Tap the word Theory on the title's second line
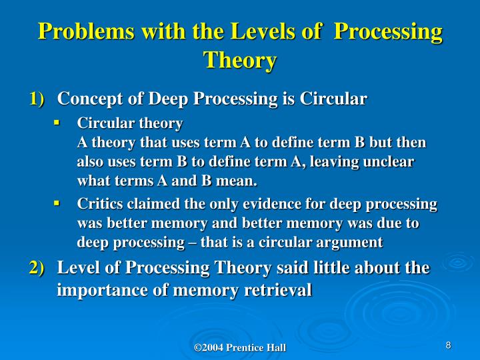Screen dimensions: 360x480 click(x=240, y=60)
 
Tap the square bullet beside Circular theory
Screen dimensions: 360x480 click(x=57, y=123)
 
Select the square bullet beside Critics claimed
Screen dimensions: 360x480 click(x=57, y=203)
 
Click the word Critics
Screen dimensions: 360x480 click(x=99, y=204)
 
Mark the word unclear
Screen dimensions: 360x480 click(x=389, y=163)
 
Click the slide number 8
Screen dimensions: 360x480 click(x=449, y=345)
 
